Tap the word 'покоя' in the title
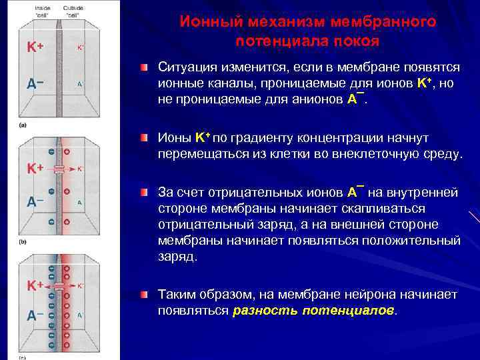(x=353, y=41)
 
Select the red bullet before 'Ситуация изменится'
(x=144, y=69)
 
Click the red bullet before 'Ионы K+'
(x=144, y=138)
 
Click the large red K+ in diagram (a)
(x=35, y=48)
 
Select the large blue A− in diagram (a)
(x=35, y=84)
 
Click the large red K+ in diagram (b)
(x=35, y=169)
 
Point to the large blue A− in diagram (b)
(x=35, y=201)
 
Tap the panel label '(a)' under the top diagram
(x=23, y=125)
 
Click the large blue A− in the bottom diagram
(x=35, y=315)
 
